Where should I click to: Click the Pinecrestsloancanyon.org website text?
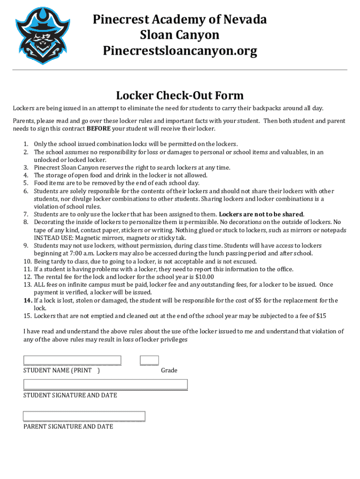click(180, 51)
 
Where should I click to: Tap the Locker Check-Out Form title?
click(180, 95)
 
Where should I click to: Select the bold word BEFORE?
click(98, 129)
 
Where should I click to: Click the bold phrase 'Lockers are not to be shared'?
click(261, 214)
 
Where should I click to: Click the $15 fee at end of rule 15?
click(321, 316)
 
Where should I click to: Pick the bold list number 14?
click(28, 300)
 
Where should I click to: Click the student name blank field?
click(72, 360)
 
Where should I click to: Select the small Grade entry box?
click(149, 360)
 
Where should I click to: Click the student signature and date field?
click(105, 385)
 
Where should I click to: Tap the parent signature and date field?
click(84, 416)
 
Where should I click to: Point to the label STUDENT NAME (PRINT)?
click(61, 370)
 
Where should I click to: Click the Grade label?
click(169, 370)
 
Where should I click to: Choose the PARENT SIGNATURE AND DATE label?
click(68, 427)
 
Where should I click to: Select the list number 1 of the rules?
click(27, 144)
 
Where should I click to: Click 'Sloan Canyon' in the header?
click(180, 35)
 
